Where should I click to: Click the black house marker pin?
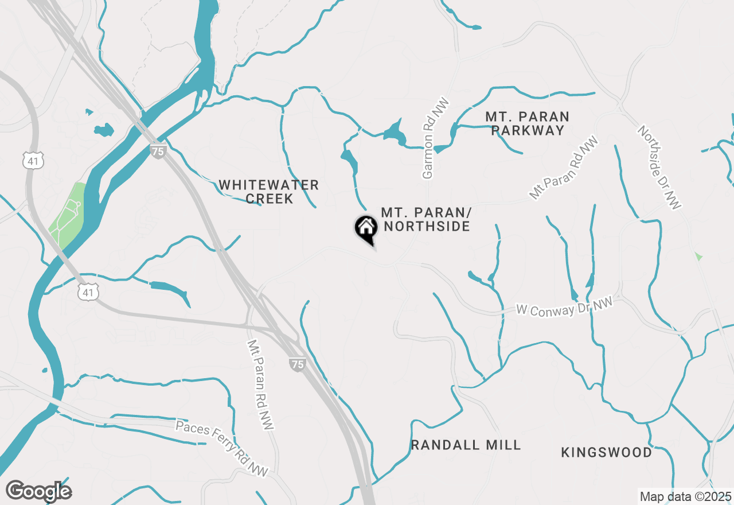pyautogui.click(x=366, y=228)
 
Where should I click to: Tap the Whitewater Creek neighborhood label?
pyautogui.click(x=268, y=192)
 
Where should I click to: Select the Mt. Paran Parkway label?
pyautogui.click(x=527, y=123)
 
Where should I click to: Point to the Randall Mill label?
pyautogui.click(x=466, y=445)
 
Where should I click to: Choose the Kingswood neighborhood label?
pyautogui.click(x=606, y=452)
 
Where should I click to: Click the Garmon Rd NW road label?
pyautogui.click(x=436, y=138)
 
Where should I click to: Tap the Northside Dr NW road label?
pyautogui.click(x=660, y=167)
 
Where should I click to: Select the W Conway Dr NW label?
pyautogui.click(x=564, y=307)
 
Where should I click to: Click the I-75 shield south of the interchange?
pyautogui.click(x=296, y=364)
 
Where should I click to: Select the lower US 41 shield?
pyautogui.click(x=89, y=292)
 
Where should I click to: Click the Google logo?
pyautogui.click(x=38, y=491)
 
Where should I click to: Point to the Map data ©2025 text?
pyautogui.click(x=685, y=496)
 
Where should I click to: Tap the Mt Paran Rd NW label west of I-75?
pyautogui.click(x=260, y=384)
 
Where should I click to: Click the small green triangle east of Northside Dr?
pyautogui.click(x=698, y=256)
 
